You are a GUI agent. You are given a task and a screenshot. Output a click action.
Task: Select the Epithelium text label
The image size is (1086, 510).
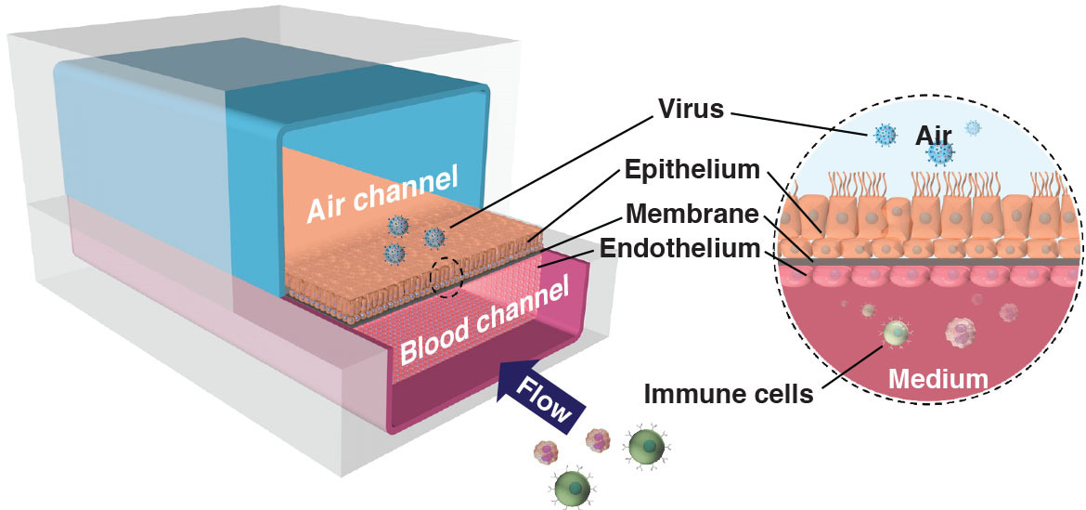[692, 171]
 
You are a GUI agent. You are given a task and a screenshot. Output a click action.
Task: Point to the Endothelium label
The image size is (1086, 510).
[679, 248]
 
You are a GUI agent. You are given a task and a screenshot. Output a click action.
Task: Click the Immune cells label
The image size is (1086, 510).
[729, 394]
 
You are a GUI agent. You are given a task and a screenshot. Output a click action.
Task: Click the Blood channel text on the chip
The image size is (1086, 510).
[484, 320]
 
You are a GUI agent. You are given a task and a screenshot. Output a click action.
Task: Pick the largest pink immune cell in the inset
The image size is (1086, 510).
[961, 333]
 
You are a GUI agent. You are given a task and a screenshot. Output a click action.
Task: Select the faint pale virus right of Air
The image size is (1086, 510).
[973, 128]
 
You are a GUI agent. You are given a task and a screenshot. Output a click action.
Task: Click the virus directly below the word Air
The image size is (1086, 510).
[941, 153]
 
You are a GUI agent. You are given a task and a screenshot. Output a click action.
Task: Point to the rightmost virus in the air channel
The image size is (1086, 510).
[433, 238]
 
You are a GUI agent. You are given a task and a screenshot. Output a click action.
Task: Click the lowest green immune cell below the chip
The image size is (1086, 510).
[574, 486]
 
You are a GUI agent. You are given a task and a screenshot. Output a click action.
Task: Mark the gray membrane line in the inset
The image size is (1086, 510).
[928, 262]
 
